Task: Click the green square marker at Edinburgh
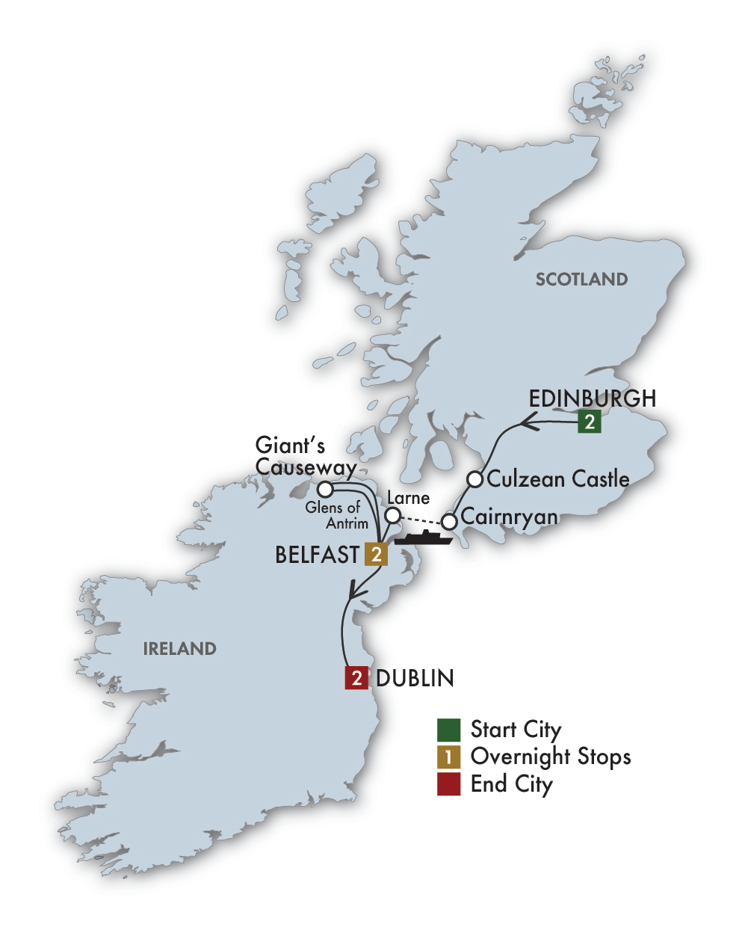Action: pyautogui.click(x=590, y=422)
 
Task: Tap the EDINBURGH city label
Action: pyautogui.click(x=592, y=398)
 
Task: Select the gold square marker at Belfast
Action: pyautogui.click(x=377, y=554)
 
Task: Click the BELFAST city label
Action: pyautogui.click(x=318, y=555)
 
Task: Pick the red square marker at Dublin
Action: pyautogui.click(x=356, y=678)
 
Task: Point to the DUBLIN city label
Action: pyautogui.click(x=415, y=678)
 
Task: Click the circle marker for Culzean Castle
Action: pyautogui.click(x=474, y=478)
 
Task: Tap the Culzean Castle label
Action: pyautogui.click(x=558, y=478)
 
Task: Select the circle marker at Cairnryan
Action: pyautogui.click(x=448, y=521)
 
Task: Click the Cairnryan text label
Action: pyautogui.click(x=509, y=517)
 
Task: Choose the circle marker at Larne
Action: pyautogui.click(x=392, y=515)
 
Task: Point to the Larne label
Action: pyautogui.click(x=408, y=498)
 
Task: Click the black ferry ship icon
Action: pyautogui.click(x=424, y=538)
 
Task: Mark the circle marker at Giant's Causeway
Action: pyautogui.click(x=325, y=490)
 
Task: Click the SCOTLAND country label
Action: pyautogui.click(x=581, y=280)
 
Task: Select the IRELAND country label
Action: pyautogui.click(x=179, y=648)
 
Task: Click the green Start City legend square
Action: pyautogui.click(x=448, y=730)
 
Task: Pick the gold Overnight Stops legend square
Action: pyautogui.click(x=448, y=757)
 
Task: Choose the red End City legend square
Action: pyautogui.click(x=448, y=783)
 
